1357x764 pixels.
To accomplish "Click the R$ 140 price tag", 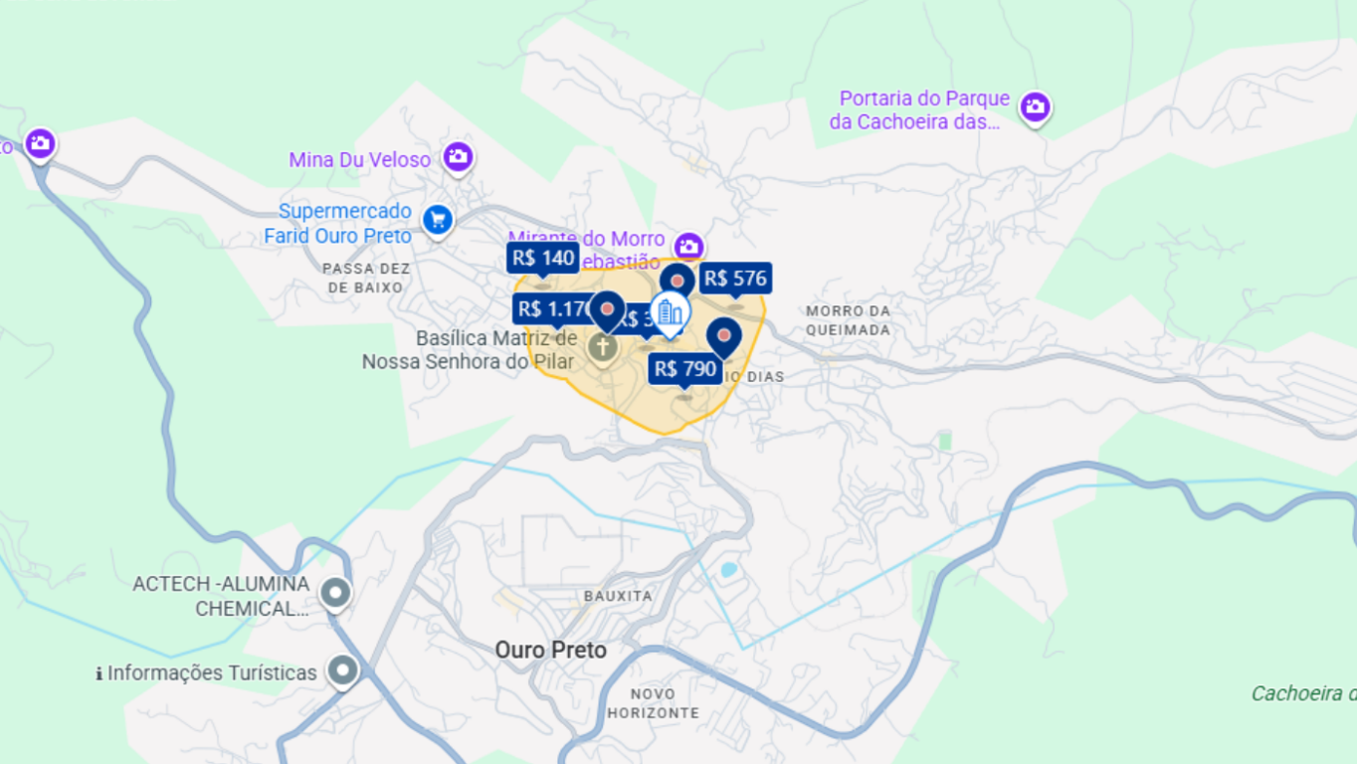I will click(x=542, y=259).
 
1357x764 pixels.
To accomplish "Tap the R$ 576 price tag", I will click(x=735, y=279).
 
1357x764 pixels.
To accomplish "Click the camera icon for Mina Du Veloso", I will click(x=458, y=156).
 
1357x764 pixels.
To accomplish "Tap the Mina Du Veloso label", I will click(x=359, y=160).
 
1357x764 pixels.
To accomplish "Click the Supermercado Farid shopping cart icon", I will click(x=437, y=220).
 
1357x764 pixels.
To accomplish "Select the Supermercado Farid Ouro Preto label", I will click(x=338, y=224).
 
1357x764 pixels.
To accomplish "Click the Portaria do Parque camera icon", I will click(x=1035, y=106).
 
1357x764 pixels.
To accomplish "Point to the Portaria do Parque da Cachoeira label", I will click(x=919, y=110).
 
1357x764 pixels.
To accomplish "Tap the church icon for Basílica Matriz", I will click(x=601, y=348).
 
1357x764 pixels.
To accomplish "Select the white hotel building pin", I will click(x=671, y=313).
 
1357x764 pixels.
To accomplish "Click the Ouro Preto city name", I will click(x=550, y=651).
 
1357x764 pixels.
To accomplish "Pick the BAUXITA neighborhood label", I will click(x=618, y=596).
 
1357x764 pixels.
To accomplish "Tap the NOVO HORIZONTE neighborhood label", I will click(x=653, y=703).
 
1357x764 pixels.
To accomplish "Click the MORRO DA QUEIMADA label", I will click(x=848, y=320).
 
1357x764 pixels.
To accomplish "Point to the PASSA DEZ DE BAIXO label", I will click(x=365, y=279).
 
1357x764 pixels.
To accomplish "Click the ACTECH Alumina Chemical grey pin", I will click(x=335, y=594).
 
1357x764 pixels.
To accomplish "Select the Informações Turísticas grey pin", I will click(x=343, y=671).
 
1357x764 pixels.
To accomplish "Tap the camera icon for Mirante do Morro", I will click(x=687, y=245).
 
